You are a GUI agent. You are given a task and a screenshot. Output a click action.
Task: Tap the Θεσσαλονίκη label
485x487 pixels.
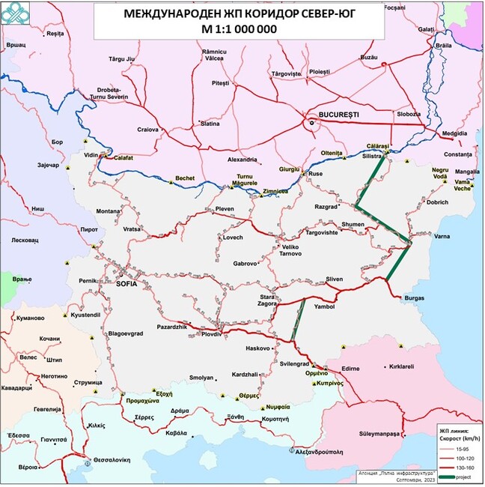point(115,461)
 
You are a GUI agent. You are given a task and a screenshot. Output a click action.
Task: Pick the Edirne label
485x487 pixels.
point(351,368)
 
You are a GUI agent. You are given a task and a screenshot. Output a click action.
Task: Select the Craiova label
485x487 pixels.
point(148,130)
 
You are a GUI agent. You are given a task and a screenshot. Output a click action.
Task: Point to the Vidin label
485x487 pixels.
point(91,154)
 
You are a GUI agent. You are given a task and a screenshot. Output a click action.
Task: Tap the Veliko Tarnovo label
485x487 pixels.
point(291,249)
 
